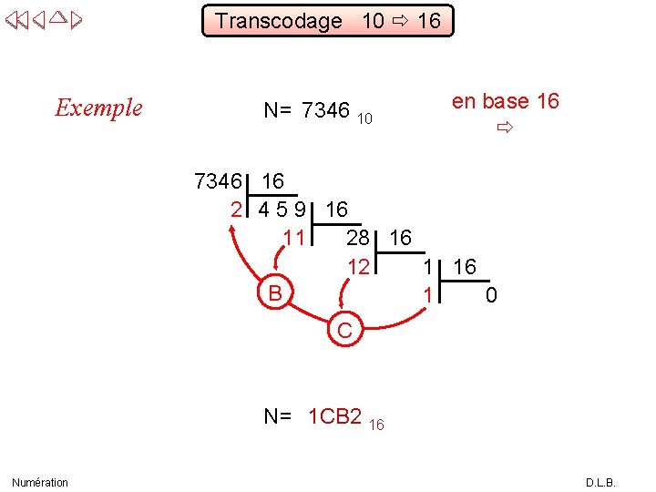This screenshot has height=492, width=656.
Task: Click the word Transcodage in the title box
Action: click(278, 21)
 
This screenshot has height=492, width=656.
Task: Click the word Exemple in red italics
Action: click(98, 108)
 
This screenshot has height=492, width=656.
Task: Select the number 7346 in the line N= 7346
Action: click(325, 111)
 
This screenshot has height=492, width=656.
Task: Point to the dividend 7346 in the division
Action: click(218, 181)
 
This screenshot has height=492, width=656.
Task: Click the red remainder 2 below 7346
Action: click(236, 210)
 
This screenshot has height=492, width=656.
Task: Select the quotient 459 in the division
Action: click(282, 210)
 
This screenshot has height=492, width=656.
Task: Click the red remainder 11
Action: click(292, 238)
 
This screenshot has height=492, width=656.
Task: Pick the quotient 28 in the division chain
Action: click(358, 238)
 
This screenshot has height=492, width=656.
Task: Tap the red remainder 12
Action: click(359, 267)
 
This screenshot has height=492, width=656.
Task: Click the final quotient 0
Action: click(491, 295)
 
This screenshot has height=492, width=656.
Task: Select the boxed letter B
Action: click(274, 293)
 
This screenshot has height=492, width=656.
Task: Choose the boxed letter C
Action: click(344, 330)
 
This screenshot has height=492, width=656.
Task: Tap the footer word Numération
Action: click(40, 482)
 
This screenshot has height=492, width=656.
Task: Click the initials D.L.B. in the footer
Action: click(600, 482)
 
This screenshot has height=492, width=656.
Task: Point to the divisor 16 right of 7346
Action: click(272, 181)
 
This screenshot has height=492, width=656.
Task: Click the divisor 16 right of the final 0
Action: click(465, 267)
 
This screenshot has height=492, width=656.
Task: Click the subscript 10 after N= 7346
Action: click(364, 118)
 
